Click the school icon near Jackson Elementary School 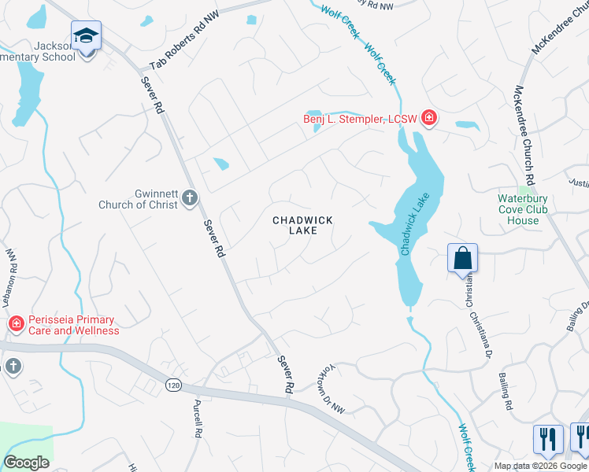click(x=86, y=36)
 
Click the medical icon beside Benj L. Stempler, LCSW click(x=429, y=119)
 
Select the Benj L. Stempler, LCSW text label click(x=361, y=120)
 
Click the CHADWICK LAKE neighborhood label click(x=303, y=225)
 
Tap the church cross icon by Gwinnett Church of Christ click(x=190, y=197)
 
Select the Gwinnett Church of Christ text click(x=138, y=200)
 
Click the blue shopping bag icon click(x=462, y=258)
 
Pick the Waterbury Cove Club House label click(x=523, y=209)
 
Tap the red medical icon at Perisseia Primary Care click(x=15, y=324)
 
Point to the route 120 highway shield click(x=173, y=384)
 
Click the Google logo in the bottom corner click(x=26, y=462)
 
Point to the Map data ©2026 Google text click(x=539, y=466)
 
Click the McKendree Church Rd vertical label click(x=528, y=134)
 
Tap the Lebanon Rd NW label click(x=9, y=278)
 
